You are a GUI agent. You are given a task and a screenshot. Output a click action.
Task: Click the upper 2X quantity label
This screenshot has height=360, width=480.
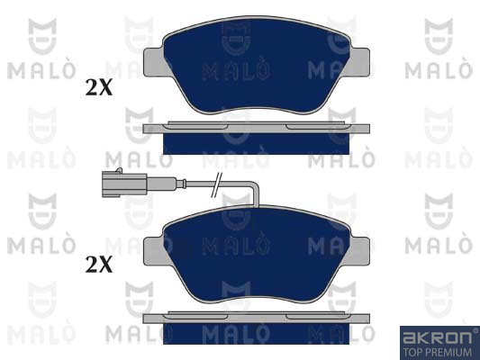click(99, 88)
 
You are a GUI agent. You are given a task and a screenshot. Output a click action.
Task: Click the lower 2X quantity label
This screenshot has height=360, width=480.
click(99, 265)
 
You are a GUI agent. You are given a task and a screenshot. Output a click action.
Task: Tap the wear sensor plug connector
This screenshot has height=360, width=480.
click(124, 184)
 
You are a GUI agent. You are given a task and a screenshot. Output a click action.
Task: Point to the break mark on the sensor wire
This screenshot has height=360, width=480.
click(217, 184)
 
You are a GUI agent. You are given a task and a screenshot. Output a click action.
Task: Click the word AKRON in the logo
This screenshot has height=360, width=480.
click(437, 337)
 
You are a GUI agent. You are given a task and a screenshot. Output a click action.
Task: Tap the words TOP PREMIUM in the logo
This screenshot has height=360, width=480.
click(437, 352)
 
